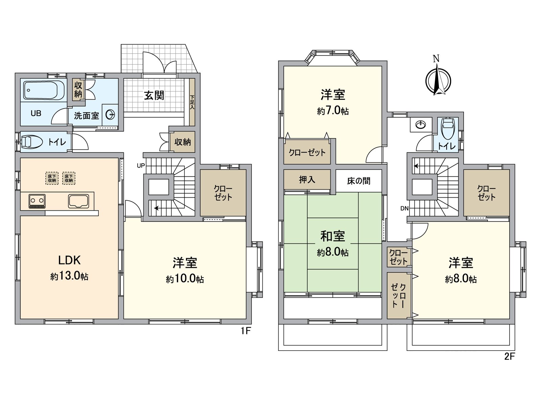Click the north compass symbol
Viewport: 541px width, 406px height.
click(438, 81)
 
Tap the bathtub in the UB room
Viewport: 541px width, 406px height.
click(44, 90)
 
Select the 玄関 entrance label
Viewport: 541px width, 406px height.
click(154, 95)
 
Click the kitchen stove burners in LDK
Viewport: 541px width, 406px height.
click(37, 201)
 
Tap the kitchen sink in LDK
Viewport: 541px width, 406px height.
click(78, 201)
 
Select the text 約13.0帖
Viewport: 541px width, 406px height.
click(69, 276)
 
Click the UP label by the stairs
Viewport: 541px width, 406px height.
click(141, 165)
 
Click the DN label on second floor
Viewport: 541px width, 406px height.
click(404, 208)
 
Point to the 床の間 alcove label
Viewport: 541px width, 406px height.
click(358, 181)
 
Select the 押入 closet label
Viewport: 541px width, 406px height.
click(307, 180)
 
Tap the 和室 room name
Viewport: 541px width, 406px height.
click(332, 236)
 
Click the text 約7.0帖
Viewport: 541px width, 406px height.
click(333, 111)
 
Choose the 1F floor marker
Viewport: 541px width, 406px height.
click(246, 331)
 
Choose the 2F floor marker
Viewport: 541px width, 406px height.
click(509, 356)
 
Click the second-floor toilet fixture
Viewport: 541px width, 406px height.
click(448, 129)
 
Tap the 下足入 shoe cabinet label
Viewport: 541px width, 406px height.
click(192, 102)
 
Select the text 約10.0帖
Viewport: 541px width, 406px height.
click(185, 279)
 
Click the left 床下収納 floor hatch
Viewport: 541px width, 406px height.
click(52, 178)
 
